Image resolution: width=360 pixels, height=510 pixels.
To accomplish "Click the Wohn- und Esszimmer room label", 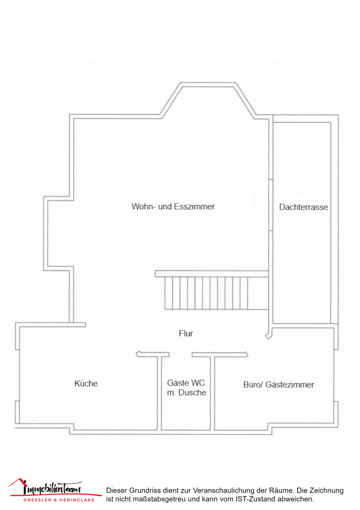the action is pos(173,207).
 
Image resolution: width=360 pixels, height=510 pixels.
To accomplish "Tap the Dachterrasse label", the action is pos(303,207).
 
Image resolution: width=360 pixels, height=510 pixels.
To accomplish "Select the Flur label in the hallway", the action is pos(186,334).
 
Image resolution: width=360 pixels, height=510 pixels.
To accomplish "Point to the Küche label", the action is pos(86,384).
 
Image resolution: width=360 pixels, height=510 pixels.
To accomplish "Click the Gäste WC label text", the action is pos(186,383).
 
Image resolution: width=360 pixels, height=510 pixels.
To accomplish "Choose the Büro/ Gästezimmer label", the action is pos(279,385).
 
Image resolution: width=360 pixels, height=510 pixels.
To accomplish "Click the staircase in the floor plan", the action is pos(216,293).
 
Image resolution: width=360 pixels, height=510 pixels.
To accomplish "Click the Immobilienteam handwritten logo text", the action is pos(52,488).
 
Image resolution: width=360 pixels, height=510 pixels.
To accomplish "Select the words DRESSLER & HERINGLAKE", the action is pos(59,500).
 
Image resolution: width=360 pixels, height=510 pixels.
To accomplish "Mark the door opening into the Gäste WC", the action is pos(181,354).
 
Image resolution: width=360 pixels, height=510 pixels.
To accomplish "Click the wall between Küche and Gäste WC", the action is pos(160,393).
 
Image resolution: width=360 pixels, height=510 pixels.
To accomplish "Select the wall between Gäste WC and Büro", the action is pos(212,393).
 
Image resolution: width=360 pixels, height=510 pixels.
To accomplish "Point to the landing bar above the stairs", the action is pos(212,274).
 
